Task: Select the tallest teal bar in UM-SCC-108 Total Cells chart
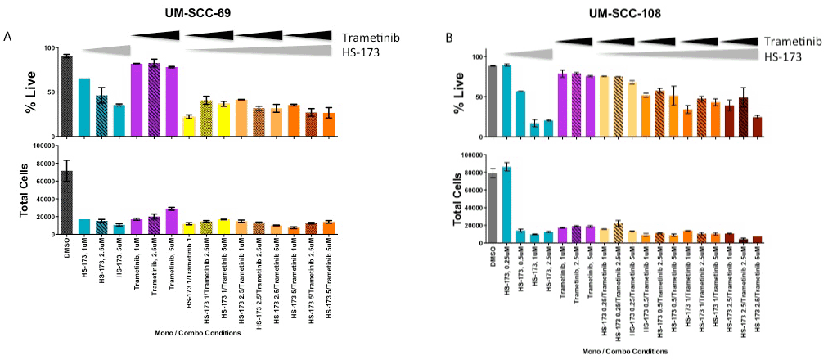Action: pos(506,205)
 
